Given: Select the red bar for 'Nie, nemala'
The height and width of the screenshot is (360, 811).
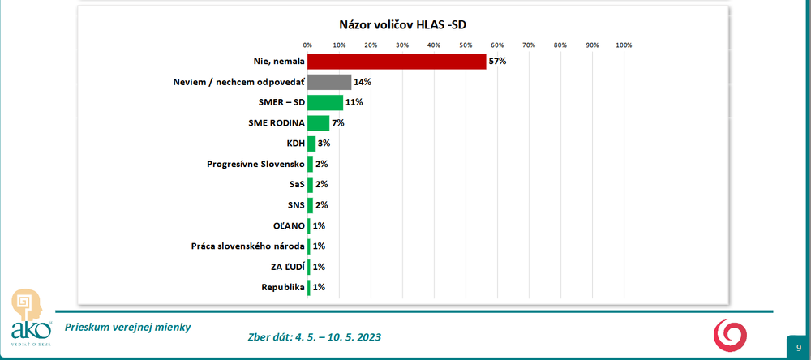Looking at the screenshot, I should (x=397, y=62).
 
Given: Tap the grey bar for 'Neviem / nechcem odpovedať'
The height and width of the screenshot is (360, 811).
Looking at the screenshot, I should (x=329, y=82).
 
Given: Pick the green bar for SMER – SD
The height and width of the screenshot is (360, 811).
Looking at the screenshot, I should (x=325, y=103).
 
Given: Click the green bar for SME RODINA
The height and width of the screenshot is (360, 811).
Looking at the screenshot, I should (x=319, y=123).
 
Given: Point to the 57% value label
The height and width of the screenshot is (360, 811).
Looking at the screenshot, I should (x=497, y=62).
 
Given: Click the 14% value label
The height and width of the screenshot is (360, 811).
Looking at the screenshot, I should (x=363, y=82).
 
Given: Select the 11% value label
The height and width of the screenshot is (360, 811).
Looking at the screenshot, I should (x=353, y=103).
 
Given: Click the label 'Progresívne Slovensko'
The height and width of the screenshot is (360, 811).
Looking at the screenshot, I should (x=254, y=164).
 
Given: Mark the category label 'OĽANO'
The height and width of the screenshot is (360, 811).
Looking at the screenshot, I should (x=288, y=225).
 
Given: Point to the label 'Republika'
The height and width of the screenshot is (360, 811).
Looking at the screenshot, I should (x=282, y=287).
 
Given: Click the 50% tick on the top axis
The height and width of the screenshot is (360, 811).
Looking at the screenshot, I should (x=466, y=45).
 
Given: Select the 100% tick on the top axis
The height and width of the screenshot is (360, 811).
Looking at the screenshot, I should (x=624, y=45).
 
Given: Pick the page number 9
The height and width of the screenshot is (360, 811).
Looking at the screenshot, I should (x=798, y=347).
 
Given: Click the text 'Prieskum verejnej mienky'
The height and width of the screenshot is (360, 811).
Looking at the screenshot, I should (x=128, y=327).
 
